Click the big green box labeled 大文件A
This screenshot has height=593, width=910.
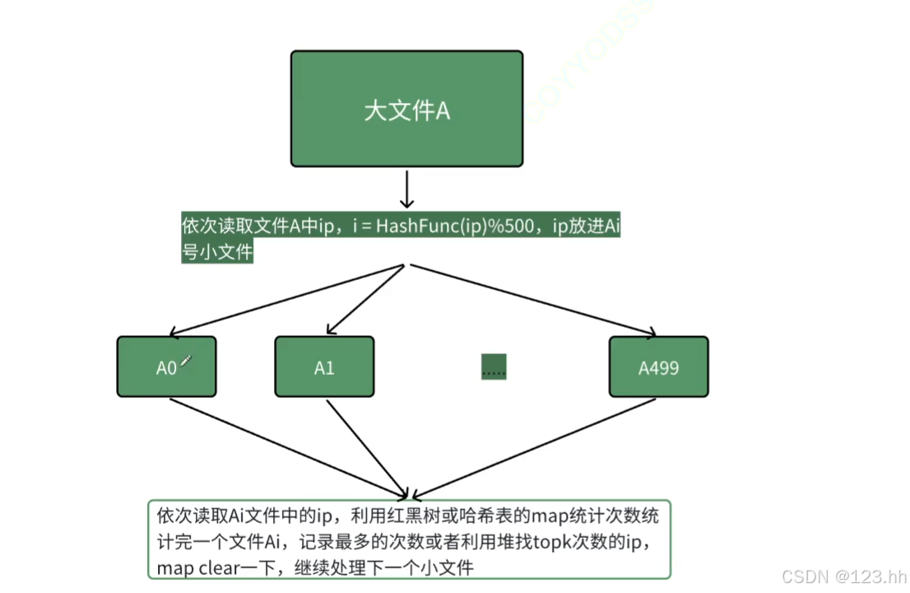tap(406, 109)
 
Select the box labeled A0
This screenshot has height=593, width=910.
tap(166, 367)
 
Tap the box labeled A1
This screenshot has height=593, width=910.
tap(324, 367)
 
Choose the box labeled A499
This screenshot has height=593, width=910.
tap(658, 367)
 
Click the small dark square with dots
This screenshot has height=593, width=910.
tap(494, 367)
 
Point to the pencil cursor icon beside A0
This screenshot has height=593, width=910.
tap(186, 361)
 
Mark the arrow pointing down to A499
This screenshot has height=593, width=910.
tap(535, 301)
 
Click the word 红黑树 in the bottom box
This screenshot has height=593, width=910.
tap(410, 516)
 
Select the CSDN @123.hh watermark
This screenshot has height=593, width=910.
tap(843, 577)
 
